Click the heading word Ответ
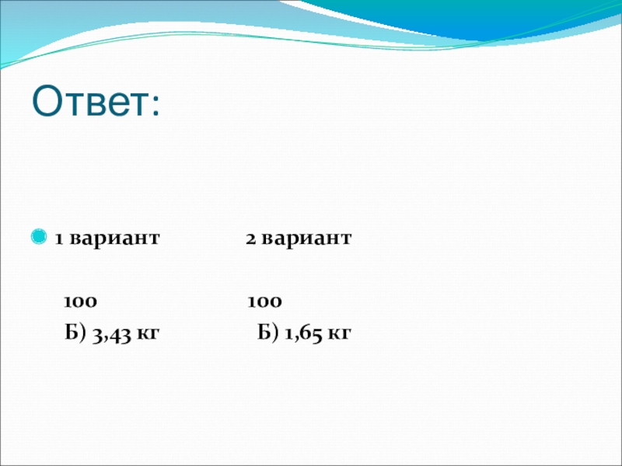pyautogui.click(x=90, y=101)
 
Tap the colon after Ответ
pyautogui.click(x=155, y=105)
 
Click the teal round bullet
pyautogui.click(x=38, y=237)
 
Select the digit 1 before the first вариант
pyautogui.click(x=59, y=238)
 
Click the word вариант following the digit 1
pyautogui.click(x=114, y=238)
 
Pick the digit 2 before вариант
pyautogui.click(x=250, y=238)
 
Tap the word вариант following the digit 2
pyautogui.click(x=306, y=238)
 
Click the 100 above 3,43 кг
pyautogui.click(x=80, y=302)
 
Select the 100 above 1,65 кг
pyautogui.click(x=264, y=302)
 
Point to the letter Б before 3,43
pyautogui.click(x=72, y=332)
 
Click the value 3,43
pyautogui.click(x=111, y=335)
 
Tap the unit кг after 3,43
pyautogui.click(x=148, y=334)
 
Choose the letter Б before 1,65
pyautogui.click(x=264, y=332)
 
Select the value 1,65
pyautogui.click(x=304, y=335)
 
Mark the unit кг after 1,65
pyautogui.click(x=340, y=334)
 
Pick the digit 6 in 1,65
pyautogui.click(x=306, y=334)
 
